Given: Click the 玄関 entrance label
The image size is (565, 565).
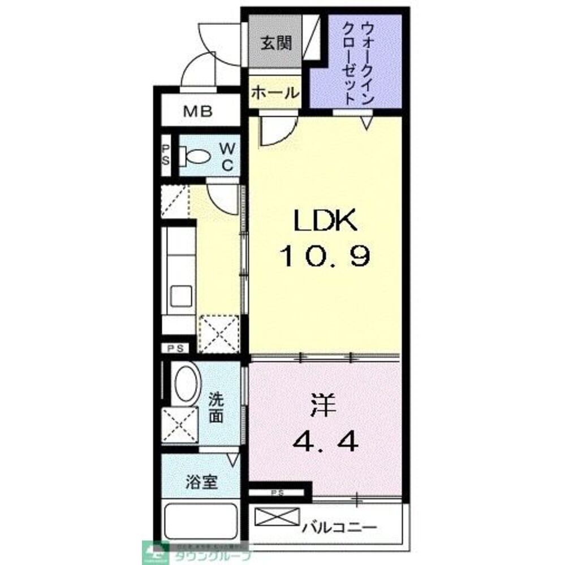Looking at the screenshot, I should (x=275, y=44).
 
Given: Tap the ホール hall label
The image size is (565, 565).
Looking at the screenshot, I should (x=275, y=92).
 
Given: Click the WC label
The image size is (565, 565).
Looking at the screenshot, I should (x=226, y=157).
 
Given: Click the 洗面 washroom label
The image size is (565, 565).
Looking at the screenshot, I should (x=217, y=408).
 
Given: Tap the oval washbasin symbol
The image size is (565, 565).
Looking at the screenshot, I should (x=187, y=384).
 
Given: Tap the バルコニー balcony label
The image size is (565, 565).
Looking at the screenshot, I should (x=339, y=528).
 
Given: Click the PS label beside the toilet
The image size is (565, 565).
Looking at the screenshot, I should (x=166, y=154).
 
